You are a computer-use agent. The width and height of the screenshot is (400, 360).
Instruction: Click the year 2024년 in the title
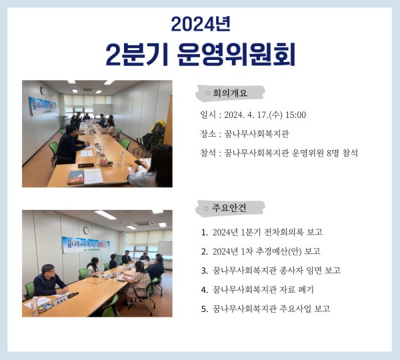click(200, 23)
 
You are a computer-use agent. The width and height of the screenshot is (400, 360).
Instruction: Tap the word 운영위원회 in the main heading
click(237, 55)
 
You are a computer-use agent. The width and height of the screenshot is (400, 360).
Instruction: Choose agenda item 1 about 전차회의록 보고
click(261, 232)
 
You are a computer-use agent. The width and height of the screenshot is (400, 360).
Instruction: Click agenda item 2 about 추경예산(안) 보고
click(260, 251)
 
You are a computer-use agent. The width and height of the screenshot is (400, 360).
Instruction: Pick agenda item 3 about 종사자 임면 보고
click(270, 270)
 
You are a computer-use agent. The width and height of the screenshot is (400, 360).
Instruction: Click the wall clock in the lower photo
click(86, 231)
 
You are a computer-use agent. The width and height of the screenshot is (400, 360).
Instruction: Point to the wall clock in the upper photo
click(41, 91)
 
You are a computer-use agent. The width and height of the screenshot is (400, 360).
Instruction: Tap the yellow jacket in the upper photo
click(159, 125)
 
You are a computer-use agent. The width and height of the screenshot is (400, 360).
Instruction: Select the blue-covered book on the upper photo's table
click(75, 177)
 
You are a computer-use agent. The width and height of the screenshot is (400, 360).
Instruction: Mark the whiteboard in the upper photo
click(102, 108)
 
